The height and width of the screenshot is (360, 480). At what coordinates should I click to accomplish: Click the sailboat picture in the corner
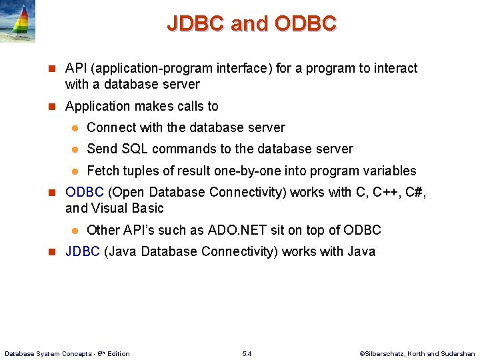coord(18,21)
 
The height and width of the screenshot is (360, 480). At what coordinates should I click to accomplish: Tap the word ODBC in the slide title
coord(305,24)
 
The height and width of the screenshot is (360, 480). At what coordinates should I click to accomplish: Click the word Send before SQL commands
coord(102,149)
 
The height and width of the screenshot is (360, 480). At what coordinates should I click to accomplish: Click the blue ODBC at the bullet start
coord(84,192)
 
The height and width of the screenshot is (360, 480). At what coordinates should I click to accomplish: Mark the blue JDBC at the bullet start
coord(83,251)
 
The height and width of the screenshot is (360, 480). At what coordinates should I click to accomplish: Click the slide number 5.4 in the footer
coord(247,353)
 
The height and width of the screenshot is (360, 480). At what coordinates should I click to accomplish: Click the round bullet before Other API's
coord(76,231)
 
